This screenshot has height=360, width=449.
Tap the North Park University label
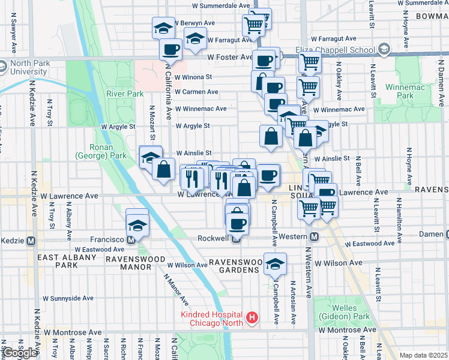[x=27, y=68]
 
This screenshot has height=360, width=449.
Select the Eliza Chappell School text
[x=336, y=49]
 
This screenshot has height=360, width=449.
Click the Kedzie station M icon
[x=31, y=239]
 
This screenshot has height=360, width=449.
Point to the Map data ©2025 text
[x=423, y=355]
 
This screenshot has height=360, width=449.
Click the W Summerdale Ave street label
[x=221, y=5]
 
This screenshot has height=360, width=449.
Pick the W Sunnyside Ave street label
[x=67, y=298]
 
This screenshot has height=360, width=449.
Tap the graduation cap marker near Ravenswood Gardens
[x=275, y=265]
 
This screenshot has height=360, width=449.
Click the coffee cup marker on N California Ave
[x=170, y=49]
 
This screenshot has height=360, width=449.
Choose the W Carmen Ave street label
[x=197, y=92]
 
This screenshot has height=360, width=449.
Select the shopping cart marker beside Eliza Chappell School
[x=310, y=61]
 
